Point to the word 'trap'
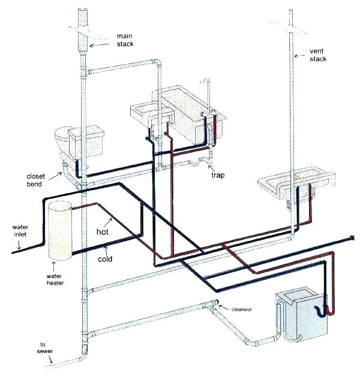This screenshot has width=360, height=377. [x=218, y=174]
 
